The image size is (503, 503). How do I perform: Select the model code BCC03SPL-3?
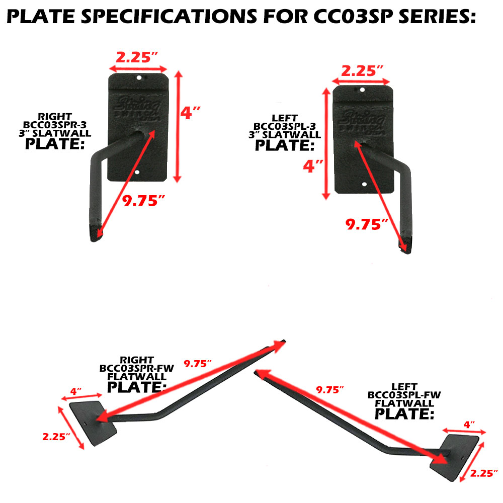(285, 125)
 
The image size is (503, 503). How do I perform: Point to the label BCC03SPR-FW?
(136, 369)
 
